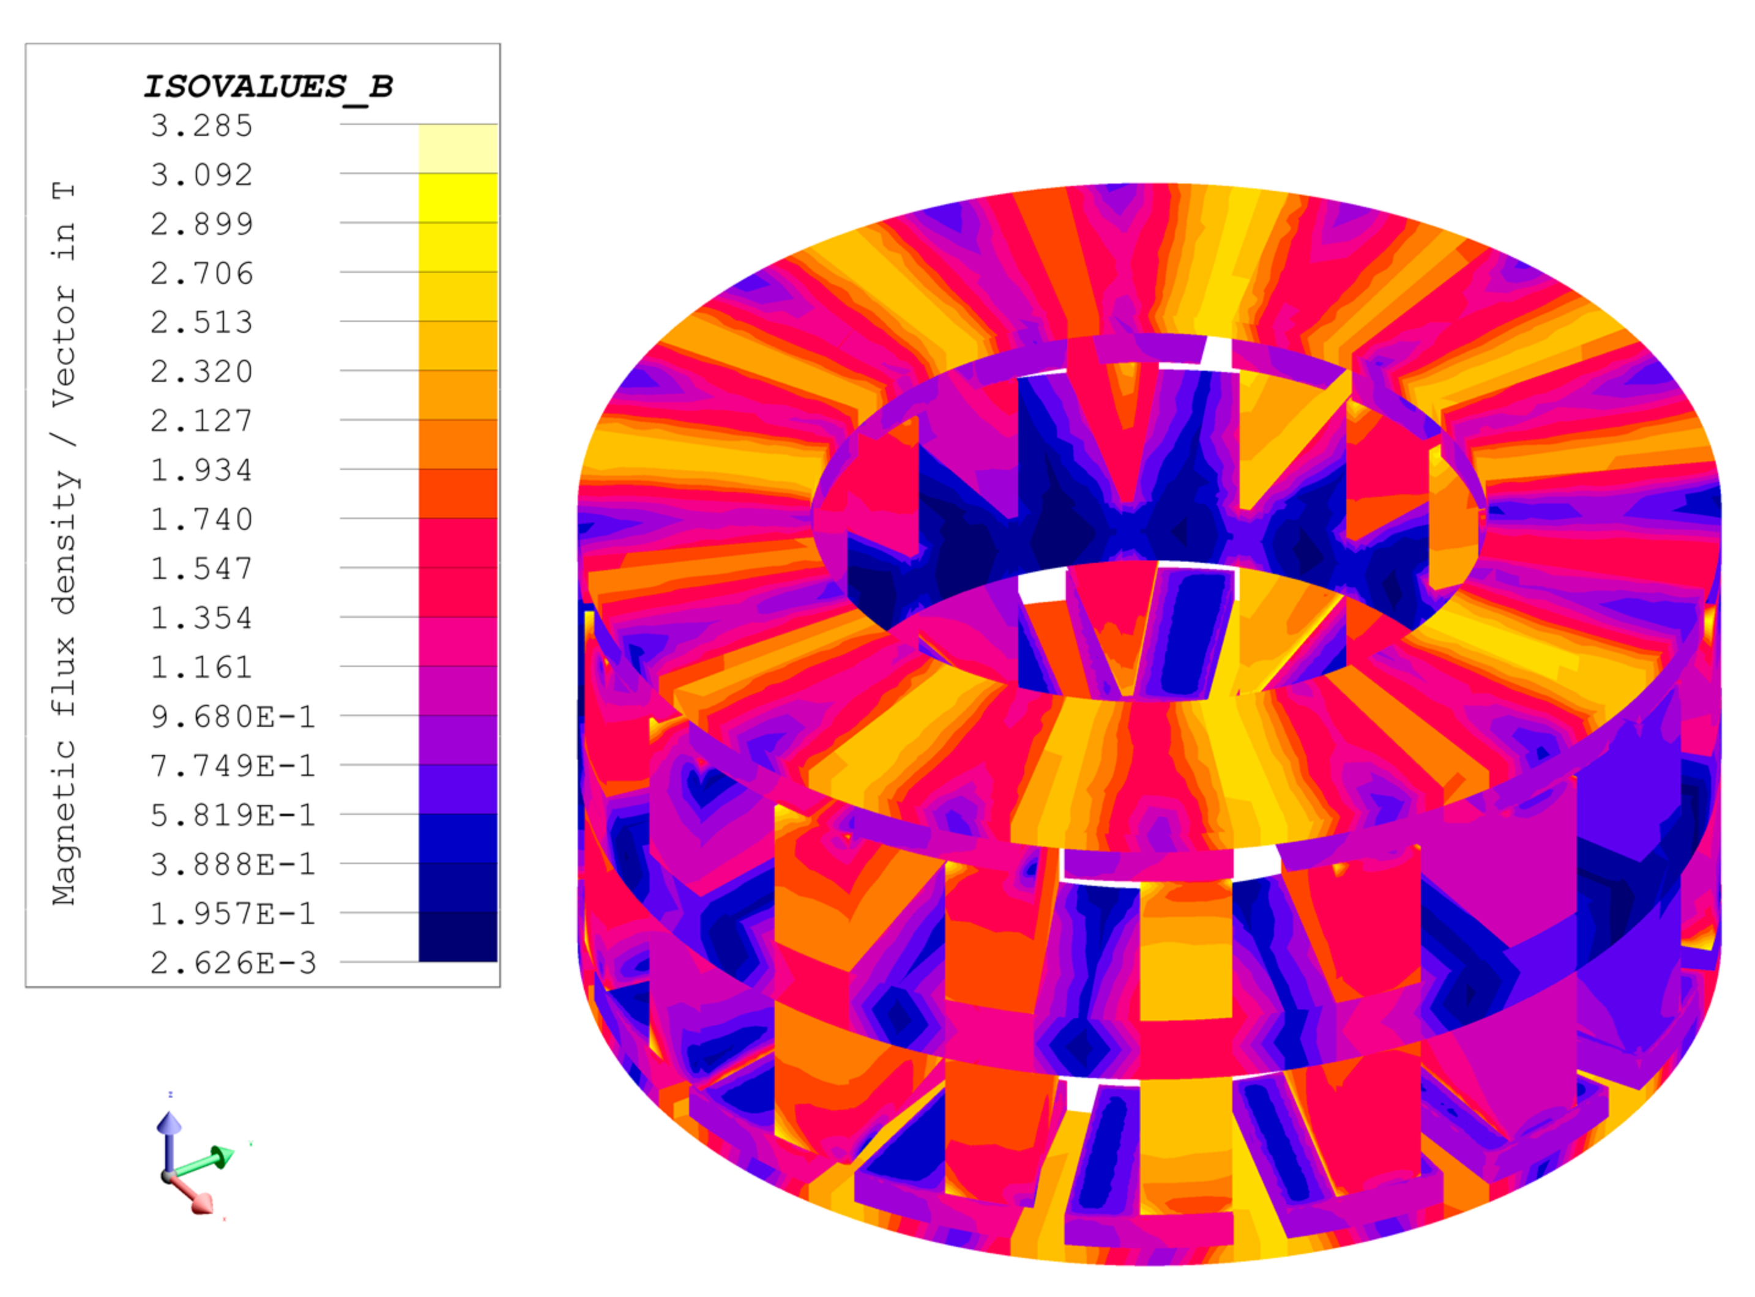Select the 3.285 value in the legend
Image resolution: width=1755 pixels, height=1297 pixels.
coord(202,125)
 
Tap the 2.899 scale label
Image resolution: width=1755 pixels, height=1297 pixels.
coord(202,225)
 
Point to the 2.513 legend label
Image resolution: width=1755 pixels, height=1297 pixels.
coord(202,322)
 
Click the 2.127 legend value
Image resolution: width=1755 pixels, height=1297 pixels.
coord(202,422)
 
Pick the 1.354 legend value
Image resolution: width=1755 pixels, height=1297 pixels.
coord(202,619)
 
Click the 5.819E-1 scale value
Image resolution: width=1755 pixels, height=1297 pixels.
coord(233,816)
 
